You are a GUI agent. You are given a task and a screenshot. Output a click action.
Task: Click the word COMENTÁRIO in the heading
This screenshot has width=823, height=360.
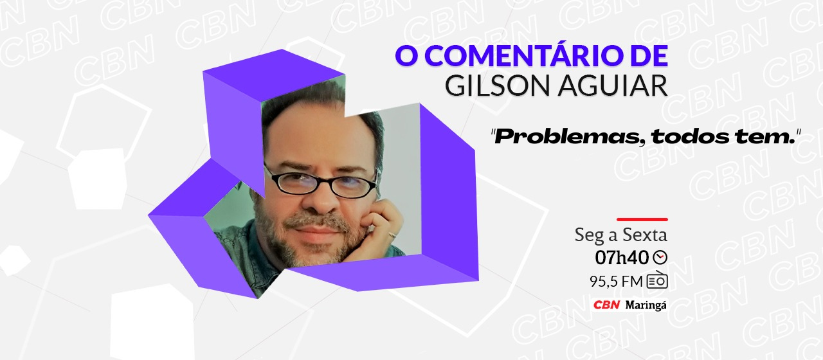point(518,57)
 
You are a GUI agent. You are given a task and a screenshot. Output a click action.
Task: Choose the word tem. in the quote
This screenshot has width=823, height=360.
point(763,136)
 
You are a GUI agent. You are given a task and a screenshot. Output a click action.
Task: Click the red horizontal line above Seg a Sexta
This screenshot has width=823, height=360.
point(642,219)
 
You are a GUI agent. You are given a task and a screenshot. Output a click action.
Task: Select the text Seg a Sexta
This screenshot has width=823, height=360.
point(620,235)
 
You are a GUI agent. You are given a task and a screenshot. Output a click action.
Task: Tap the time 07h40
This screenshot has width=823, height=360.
point(622,258)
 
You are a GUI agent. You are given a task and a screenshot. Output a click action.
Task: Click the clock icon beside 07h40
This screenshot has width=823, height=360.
point(660,258)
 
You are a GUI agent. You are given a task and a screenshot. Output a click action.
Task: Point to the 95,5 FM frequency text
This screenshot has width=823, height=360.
point(616,281)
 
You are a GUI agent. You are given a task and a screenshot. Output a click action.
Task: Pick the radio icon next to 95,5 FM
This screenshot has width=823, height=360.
point(657,281)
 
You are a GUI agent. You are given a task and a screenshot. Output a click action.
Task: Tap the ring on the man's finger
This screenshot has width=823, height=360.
point(392,235)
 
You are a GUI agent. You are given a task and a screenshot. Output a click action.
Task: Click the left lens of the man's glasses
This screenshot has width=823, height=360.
point(298,181)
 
